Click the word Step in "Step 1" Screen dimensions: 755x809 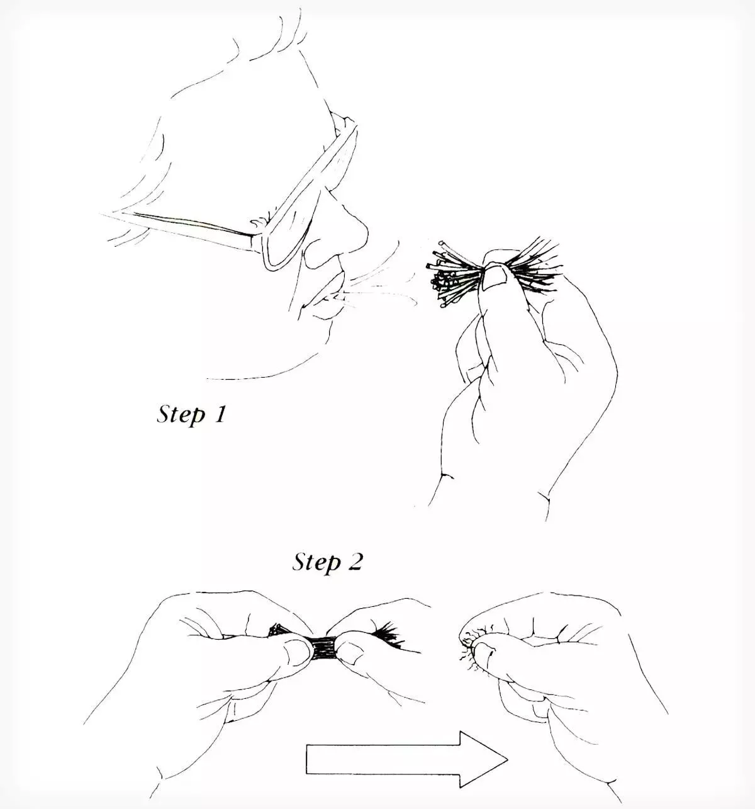point(181,415)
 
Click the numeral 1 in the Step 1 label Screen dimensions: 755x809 point(220,414)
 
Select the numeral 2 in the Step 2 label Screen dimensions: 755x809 point(354,562)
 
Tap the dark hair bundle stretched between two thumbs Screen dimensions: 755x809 point(324,648)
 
